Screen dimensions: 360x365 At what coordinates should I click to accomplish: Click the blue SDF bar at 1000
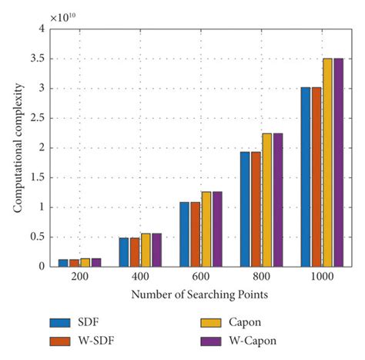pyautogui.click(x=306, y=177)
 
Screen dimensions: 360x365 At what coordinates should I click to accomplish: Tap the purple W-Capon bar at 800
pyautogui.click(x=278, y=200)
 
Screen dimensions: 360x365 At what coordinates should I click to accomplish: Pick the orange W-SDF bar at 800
pyautogui.click(x=256, y=209)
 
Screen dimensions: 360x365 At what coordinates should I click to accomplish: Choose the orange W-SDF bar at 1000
pyautogui.click(x=316, y=177)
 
